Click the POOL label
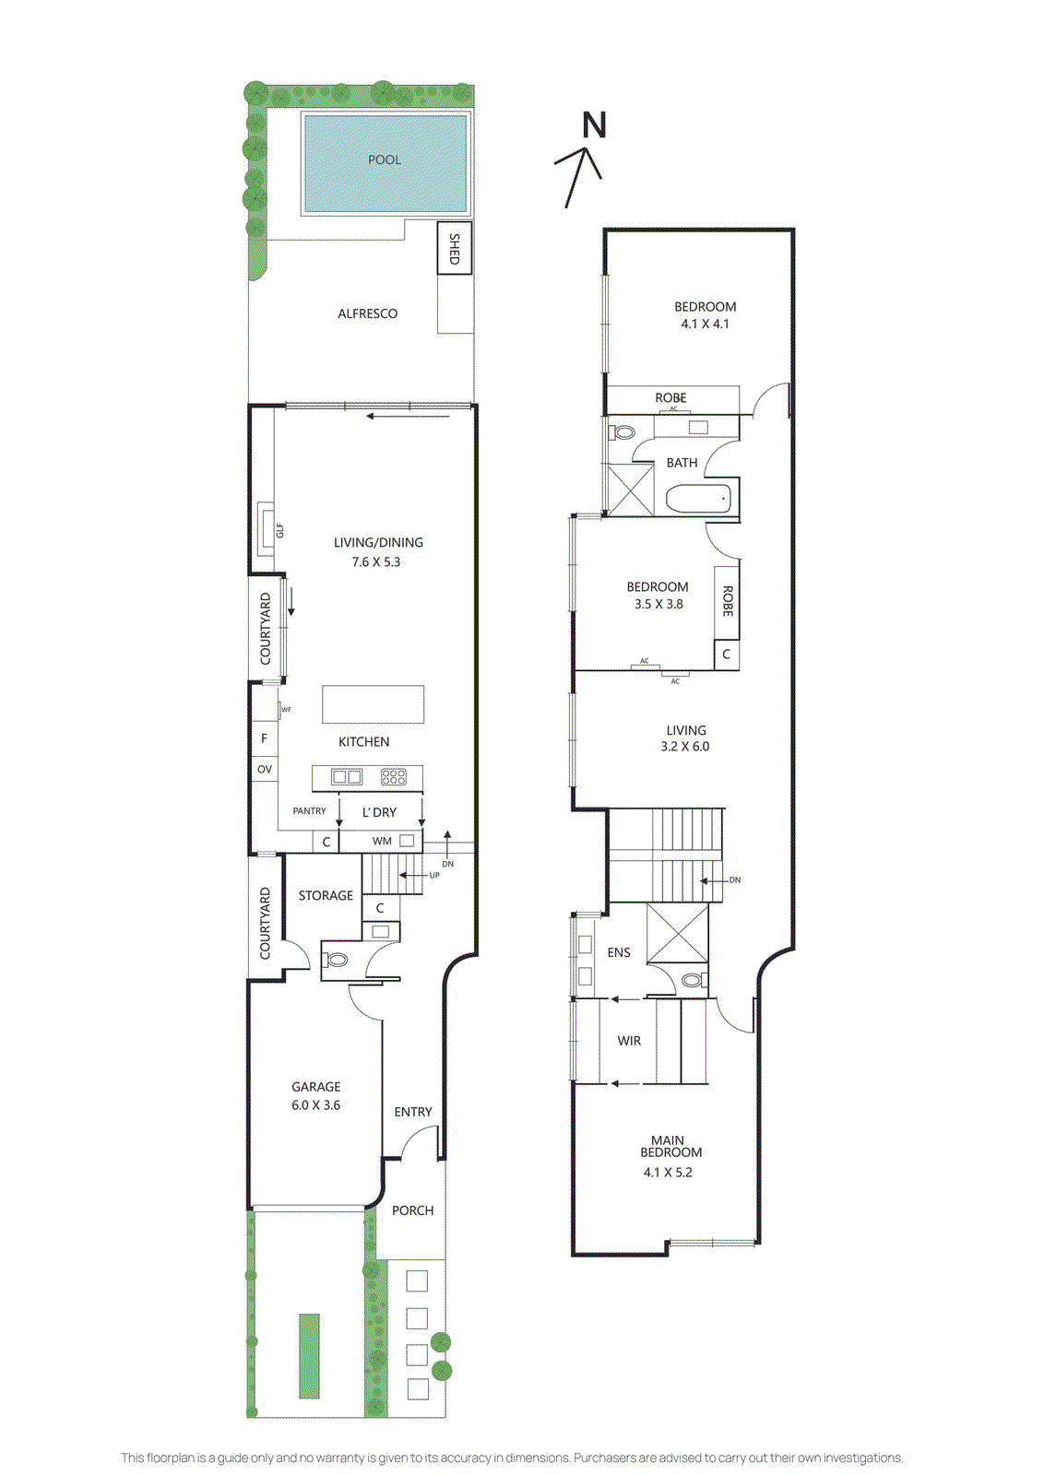(x=385, y=159)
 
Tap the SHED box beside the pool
(x=454, y=248)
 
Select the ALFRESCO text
(x=367, y=313)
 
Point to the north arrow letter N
(x=595, y=125)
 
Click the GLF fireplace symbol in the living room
(x=267, y=530)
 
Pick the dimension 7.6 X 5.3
(x=376, y=561)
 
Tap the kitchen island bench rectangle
(x=373, y=704)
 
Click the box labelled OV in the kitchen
(x=265, y=769)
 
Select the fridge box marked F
(x=265, y=738)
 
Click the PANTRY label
(x=309, y=811)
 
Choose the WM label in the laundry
(x=382, y=841)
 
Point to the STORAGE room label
(x=326, y=895)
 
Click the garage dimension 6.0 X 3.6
(x=316, y=1104)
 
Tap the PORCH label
(x=412, y=1210)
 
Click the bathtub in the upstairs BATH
(x=698, y=500)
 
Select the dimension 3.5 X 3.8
(x=658, y=605)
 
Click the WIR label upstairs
(x=629, y=1041)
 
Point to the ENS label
(x=619, y=952)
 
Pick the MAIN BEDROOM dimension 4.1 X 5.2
(x=668, y=1173)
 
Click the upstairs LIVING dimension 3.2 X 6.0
(x=685, y=747)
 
